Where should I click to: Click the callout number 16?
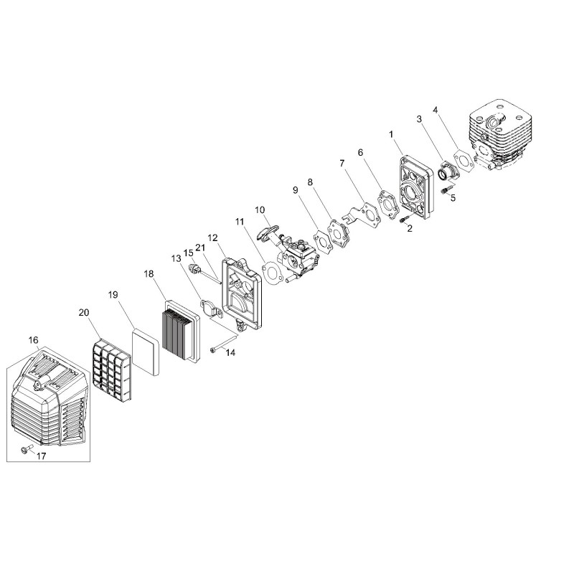click(x=33, y=340)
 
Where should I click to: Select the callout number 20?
click(x=84, y=312)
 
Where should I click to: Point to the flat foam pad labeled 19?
click(x=145, y=351)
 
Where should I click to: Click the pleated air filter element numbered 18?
click(x=182, y=331)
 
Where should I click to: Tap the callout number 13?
click(x=176, y=258)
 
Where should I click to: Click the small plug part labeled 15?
click(x=194, y=269)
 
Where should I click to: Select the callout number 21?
click(x=200, y=248)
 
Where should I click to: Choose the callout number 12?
click(x=212, y=238)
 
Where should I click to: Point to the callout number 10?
click(x=260, y=210)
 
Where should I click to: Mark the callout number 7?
click(x=342, y=164)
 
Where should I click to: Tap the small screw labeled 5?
click(x=444, y=191)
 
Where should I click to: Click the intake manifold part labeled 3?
click(x=447, y=171)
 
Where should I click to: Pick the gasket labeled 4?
click(x=464, y=160)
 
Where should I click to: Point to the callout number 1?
click(x=391, y=134)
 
